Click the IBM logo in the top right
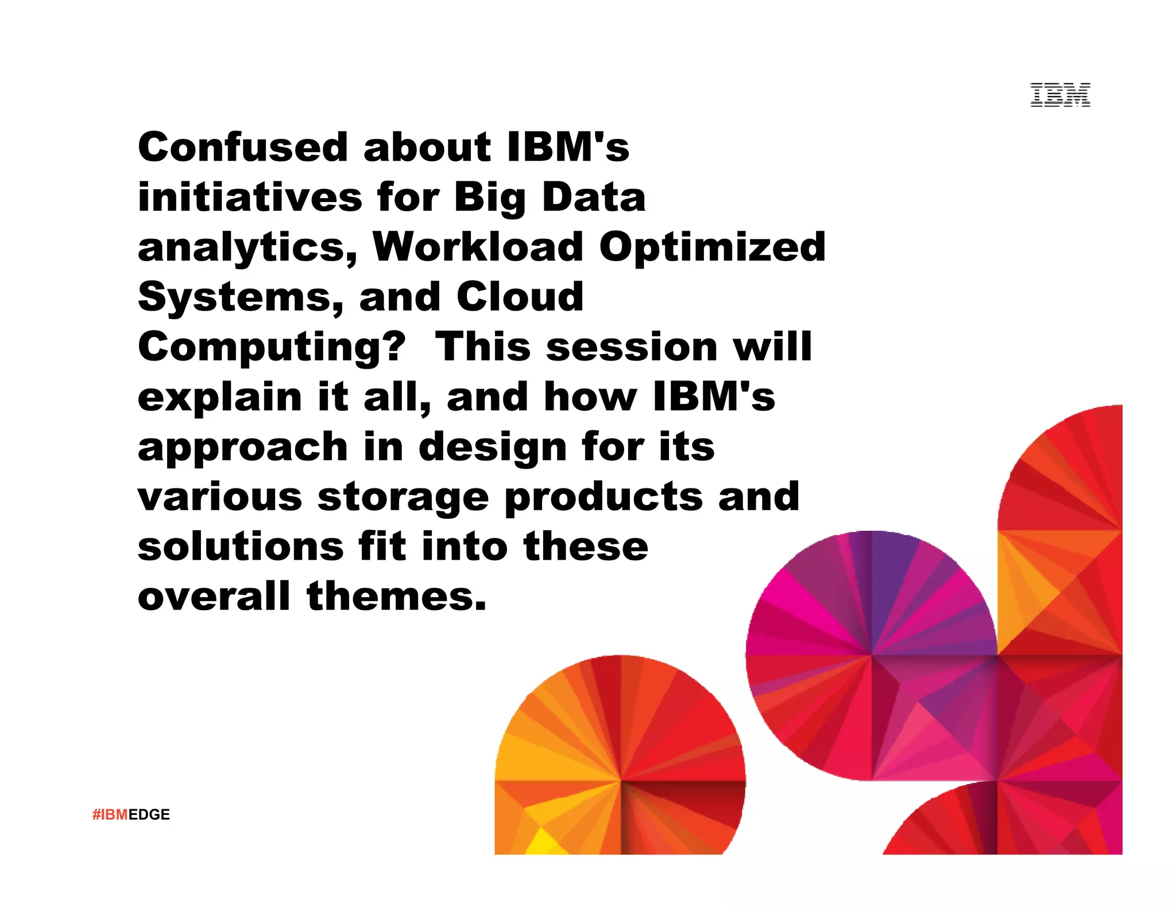(1060, 95)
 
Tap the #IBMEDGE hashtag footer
(131, 814)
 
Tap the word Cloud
(520, 297)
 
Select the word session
(632, 347)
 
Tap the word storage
(403, 498)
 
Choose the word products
(603, 498)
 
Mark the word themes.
(396, 596)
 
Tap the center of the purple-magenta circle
(872, 655)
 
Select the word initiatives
(250, 197)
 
